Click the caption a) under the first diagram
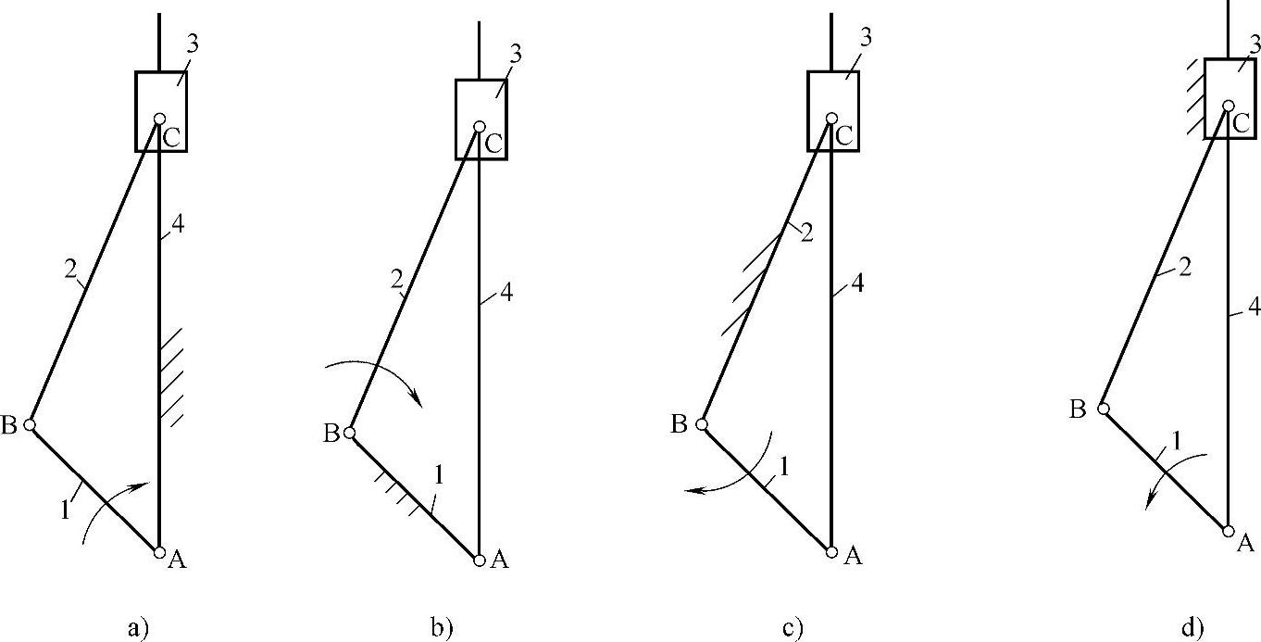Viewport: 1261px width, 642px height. pos(137,629)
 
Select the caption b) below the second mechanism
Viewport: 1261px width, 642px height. pos(443,629)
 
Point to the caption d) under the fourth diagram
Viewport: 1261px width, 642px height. pos(1192,629)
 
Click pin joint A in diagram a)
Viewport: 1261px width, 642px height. pos(159,552)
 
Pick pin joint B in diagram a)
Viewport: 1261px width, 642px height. pos(30,424)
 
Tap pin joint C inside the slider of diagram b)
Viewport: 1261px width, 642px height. pos(479,127)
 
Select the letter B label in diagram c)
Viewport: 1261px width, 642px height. pos(679,424)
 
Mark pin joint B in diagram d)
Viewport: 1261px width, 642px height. pos(1103,408)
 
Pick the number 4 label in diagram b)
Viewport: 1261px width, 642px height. pos(506,294)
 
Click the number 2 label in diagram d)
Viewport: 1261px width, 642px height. pos(1183,269)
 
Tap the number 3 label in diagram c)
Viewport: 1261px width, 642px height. pos(866,36)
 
